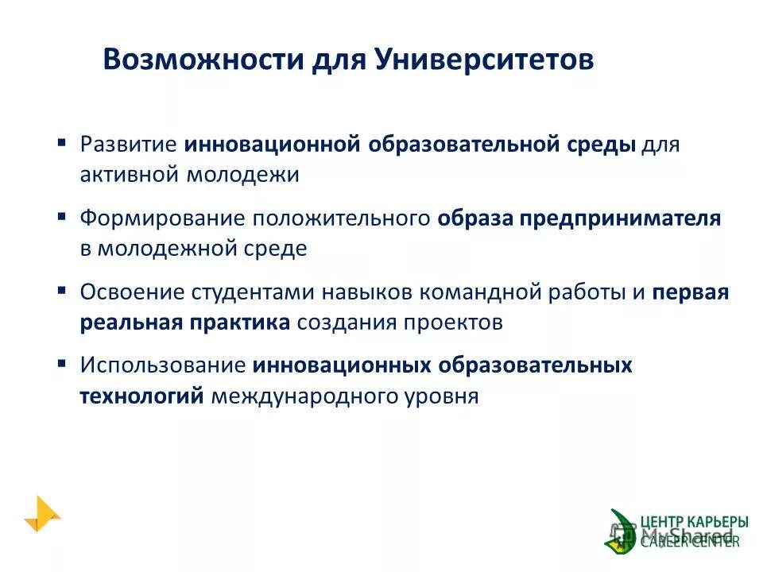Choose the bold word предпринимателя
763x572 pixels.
(620, 218)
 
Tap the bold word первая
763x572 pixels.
(691, 292)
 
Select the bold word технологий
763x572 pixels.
(142, 395)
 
